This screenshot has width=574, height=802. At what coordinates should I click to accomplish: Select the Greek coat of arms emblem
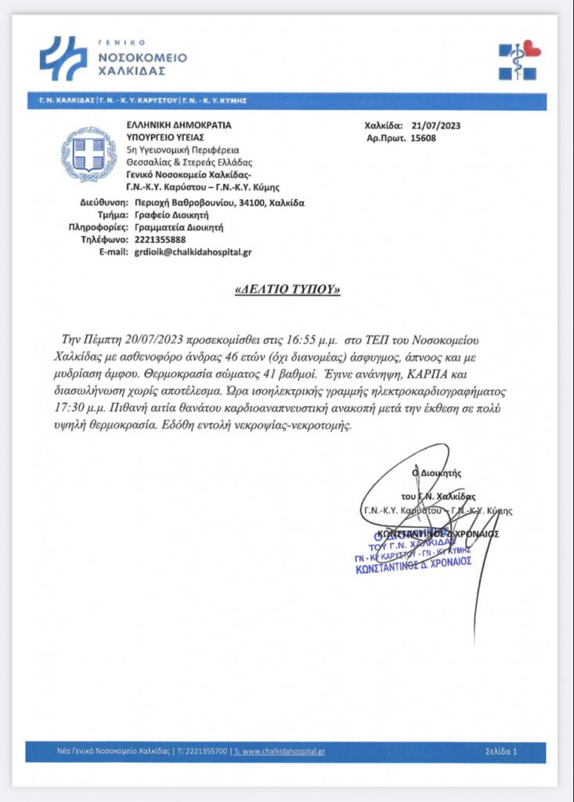[89, 155]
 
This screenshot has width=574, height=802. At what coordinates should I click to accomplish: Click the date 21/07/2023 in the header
[430, 125]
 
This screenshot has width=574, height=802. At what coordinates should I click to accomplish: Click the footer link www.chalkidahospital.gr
[282, 752]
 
